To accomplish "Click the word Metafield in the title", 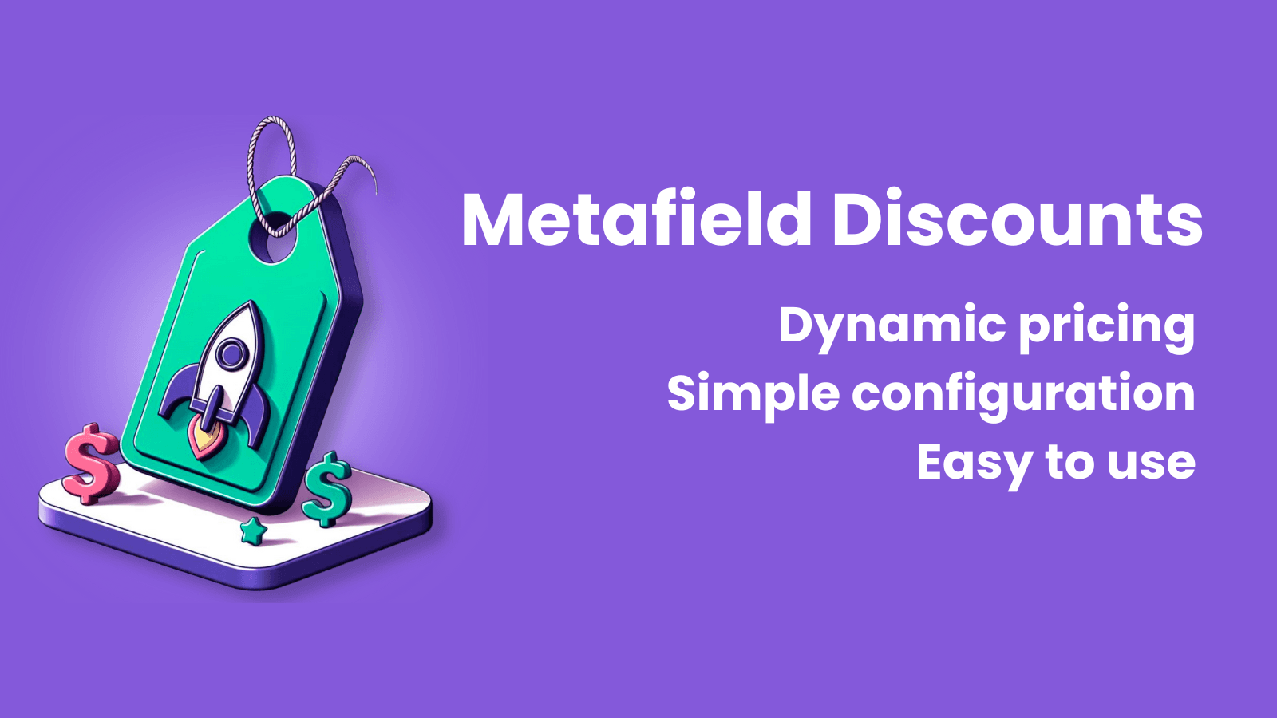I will tap(636, 220).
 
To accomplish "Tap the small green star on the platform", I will tap(253, 531).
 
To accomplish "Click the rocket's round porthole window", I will tap(231, 353).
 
